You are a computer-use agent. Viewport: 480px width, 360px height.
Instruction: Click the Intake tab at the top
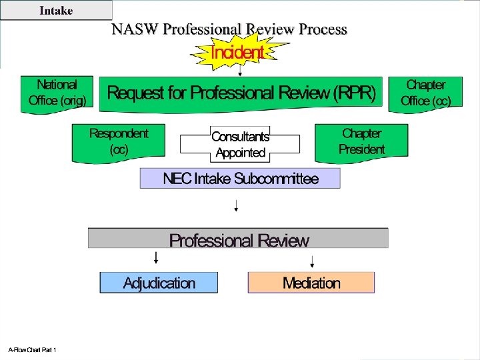pyautogui.click(x=56, y=10)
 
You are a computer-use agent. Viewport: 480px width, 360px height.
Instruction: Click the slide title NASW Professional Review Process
pyautogui.click(x=229, y=29)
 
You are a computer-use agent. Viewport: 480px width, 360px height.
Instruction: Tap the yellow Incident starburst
pyautogui.click(x=237, y=51)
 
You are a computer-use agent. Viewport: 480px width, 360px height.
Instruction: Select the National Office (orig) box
pyautogui.click(x=57, y=93)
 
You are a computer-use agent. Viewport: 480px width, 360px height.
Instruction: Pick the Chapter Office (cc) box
pyautogui.click(x=425, y=93)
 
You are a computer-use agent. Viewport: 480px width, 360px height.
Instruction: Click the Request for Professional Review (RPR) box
pyautogui.click(x=241, y=93)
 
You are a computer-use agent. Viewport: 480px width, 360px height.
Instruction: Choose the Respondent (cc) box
pyautogui.click(x=119, y=141)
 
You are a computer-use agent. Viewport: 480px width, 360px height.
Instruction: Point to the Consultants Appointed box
pyautogui.click(x=240, y=145)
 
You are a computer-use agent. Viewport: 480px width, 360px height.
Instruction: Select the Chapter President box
pyautogui.click(x=361, y=141)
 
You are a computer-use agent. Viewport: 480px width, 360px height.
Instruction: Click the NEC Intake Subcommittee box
pyautogui.click(x=240, y=179)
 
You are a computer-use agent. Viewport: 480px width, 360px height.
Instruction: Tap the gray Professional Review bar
pyautogui.click(x=239, y=240)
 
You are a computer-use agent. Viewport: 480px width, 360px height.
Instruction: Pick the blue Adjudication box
pyautogui.click(x=159, y=283)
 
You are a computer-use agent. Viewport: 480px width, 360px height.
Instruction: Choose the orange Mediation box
pyautogui.click(x=311, y=283)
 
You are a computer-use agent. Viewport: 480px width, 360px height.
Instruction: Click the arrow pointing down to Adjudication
pyautogui.click(x=156, y=258)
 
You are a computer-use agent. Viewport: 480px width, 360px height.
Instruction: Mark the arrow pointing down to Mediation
pyautogui.click(x=311, y=259)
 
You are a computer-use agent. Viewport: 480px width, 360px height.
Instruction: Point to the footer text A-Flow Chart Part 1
pyautogui.click(x=32, y=349)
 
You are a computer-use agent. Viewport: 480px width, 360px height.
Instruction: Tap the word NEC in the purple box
pyautogui.click(x=177, y=179)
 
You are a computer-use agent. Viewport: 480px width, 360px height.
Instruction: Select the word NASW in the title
pyautogui.click(x=135, y=29)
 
